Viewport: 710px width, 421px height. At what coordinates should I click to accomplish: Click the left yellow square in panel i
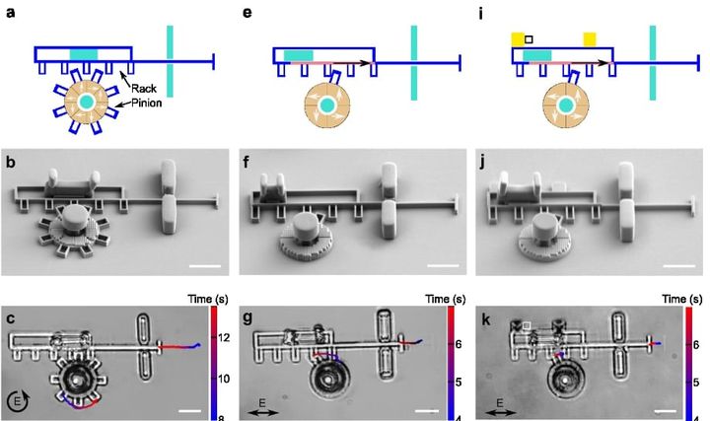coord(518,38)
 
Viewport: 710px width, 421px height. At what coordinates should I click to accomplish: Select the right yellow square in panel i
coord(590,38)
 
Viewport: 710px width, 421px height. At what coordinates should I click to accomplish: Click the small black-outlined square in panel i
coord(530,39)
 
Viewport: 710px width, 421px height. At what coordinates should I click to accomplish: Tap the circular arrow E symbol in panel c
coord(21,401)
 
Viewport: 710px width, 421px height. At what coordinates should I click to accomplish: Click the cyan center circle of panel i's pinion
coord(566,103)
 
